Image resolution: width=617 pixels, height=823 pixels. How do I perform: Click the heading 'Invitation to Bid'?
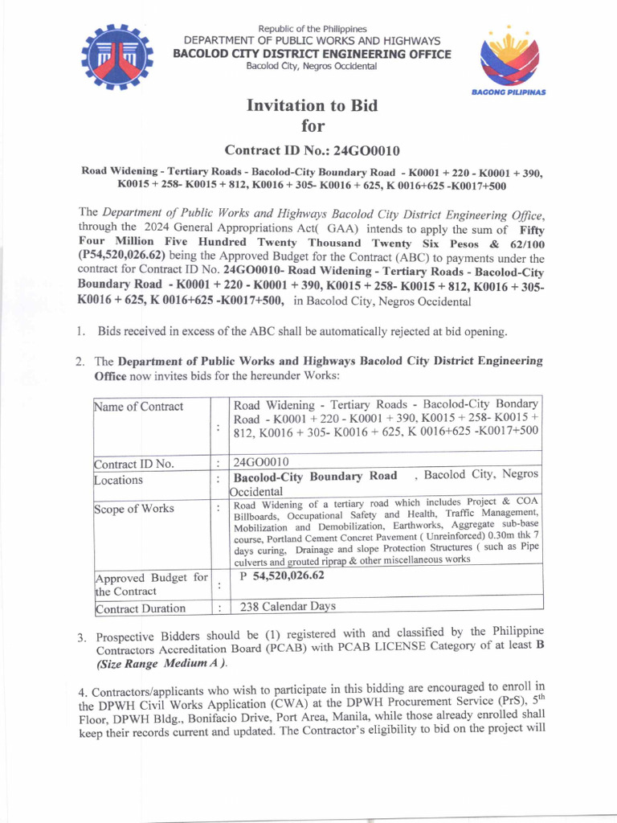[312, 105]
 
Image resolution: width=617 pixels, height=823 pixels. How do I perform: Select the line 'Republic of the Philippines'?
[312, 29]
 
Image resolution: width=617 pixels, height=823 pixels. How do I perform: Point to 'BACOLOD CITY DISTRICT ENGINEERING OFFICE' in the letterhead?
[312, 54]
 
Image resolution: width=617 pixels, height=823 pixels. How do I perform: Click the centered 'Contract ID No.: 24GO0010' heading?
[312, 149]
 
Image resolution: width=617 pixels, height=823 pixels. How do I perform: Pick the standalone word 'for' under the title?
[312, 125]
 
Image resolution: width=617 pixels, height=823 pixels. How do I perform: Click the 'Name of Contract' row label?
[138, 407]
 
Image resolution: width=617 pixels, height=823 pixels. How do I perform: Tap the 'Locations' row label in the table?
[119, 480]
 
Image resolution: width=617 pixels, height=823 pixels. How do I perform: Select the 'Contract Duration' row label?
[140, 608]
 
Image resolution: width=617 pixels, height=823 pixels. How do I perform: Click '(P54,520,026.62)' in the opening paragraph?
[122, 258]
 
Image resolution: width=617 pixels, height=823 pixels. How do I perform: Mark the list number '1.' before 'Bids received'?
[81, 331]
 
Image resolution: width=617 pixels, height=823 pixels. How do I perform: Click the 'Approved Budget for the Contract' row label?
[150, 584]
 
